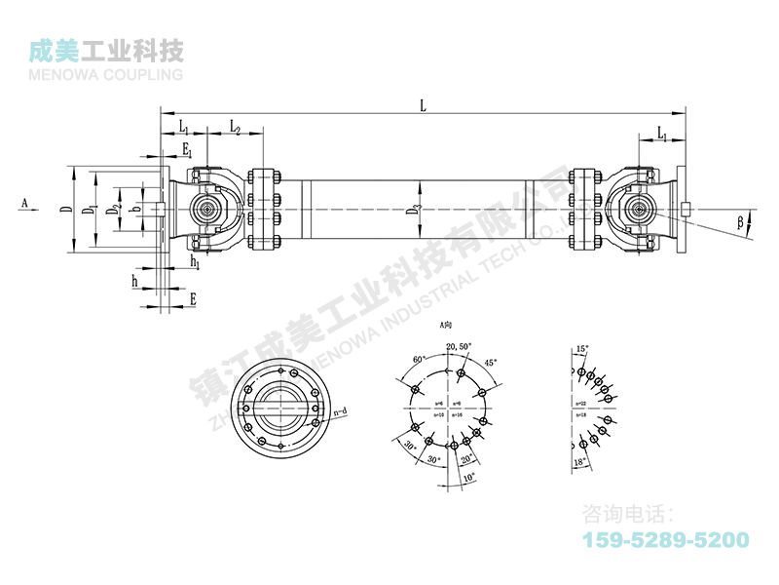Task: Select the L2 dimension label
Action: coord(236,128)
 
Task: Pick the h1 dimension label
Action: coord(195,262)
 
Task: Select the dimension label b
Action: coord(137,209)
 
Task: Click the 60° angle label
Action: coord(420,360)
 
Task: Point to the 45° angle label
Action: coord(490,362)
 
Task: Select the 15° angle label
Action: coord(582,348)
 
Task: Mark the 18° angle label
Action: coord(580,460)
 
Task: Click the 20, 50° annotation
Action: coord(458,347)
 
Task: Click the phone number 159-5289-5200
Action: coord(665,540)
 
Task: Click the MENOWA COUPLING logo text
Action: coord(107,74)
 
